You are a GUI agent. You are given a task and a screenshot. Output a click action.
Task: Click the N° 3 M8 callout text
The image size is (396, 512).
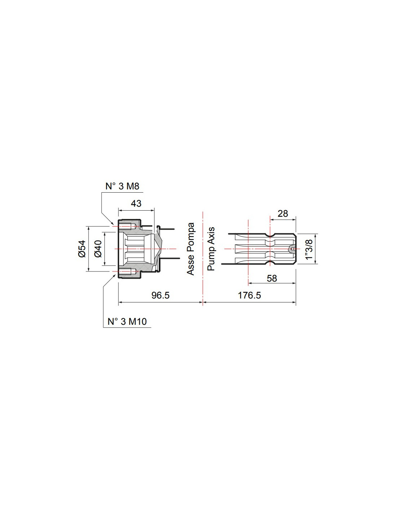click(122, 187)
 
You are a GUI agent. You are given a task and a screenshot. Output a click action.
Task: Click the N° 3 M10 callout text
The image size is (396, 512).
click(127, 322)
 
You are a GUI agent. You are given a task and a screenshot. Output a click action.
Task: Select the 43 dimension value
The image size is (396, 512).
click(136, 203)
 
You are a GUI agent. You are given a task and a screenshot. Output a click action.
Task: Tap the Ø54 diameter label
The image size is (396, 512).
click(82, 249)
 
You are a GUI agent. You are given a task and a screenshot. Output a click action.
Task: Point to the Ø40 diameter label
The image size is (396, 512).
click(98, 249)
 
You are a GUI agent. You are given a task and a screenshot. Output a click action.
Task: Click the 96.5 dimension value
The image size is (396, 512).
click(161, 296)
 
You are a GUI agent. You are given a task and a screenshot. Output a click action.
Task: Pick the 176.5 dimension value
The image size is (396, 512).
click(249, 296)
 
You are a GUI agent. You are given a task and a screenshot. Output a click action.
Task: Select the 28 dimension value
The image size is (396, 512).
click(283, 214)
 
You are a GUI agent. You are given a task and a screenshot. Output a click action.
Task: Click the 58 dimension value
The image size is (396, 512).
click(272, 279)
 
